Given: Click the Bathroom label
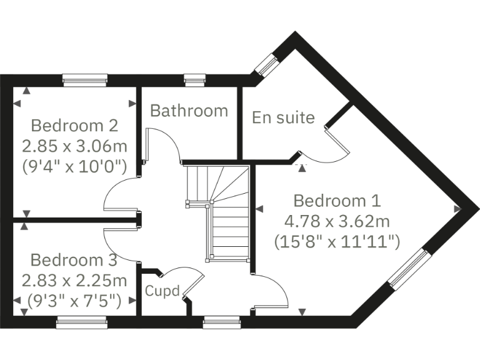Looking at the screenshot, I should click(189, 111).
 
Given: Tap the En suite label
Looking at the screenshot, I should click(283, 117).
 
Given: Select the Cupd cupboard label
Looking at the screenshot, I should click(162, 291).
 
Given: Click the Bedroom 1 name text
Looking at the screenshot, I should click(337, 201).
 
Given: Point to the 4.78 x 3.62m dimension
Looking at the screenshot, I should click(337, 221).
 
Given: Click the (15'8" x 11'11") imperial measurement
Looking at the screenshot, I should click(337, 241).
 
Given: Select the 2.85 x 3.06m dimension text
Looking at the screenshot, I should click(74, 146).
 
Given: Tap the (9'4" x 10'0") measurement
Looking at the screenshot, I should click(74, 166).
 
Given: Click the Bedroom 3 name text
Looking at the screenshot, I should click(74, 259).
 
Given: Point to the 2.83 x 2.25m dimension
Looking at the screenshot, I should click(74, 279).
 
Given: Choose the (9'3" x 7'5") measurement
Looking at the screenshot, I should click(74, 300).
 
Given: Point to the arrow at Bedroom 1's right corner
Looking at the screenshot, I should click(457, 209).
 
